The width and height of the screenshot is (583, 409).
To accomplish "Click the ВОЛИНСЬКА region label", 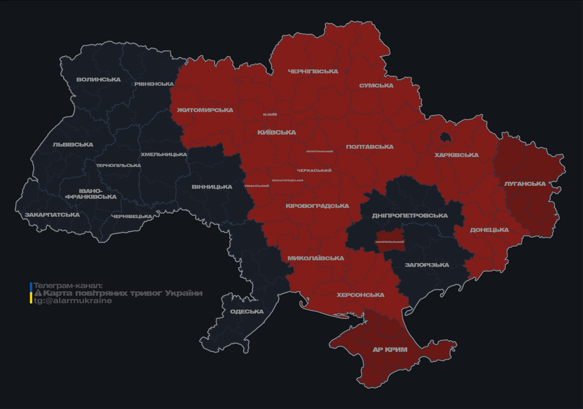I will [98, 80].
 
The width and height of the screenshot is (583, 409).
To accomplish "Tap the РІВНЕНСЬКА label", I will [154, 84].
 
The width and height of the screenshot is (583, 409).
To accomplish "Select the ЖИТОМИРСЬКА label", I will [205, 110].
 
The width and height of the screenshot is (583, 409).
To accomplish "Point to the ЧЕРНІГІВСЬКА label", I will [313, 71].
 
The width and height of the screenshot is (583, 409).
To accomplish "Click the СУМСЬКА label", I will [376, 86].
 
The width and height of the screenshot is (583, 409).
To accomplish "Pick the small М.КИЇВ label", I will [270, 114].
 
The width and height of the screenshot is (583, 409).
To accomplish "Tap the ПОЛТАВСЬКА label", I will [369, 147].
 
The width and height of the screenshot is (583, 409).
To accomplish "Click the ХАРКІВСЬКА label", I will [456, 156].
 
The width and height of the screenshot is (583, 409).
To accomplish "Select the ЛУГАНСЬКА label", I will [525, 184].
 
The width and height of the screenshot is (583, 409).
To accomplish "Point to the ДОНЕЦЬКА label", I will [489, 230].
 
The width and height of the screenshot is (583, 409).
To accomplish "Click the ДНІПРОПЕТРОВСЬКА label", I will [410, 216].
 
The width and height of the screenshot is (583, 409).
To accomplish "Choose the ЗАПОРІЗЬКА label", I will [427, 265].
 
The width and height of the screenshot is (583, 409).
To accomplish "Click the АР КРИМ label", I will [390, 350].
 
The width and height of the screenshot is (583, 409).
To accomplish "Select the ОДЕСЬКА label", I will [247, 312].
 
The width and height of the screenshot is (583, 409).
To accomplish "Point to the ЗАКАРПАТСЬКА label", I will [52, 215].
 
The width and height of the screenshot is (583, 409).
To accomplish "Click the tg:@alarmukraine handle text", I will [73, 301].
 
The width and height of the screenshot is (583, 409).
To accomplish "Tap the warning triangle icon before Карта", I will [38, 293].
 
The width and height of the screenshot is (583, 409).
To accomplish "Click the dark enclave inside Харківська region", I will [444, 138].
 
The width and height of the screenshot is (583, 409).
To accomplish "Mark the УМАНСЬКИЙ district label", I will [256, 186].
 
